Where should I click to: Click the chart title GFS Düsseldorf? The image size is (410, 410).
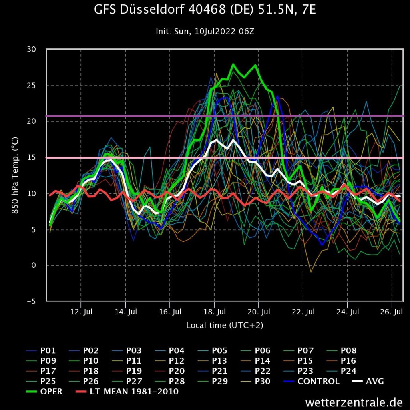tap(205, 10)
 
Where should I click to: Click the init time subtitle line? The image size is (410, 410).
tap(205, 31)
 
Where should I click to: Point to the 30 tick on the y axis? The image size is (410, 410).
tap(31, 49)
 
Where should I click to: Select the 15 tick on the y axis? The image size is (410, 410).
tap(31, 157)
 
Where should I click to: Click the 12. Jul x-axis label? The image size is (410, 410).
tap(81, 311)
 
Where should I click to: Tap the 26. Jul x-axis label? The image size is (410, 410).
tap(392, 311)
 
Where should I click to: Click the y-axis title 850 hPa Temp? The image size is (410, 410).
tap(16, 175)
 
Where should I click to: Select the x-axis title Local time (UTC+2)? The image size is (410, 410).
tap(225, 325)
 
